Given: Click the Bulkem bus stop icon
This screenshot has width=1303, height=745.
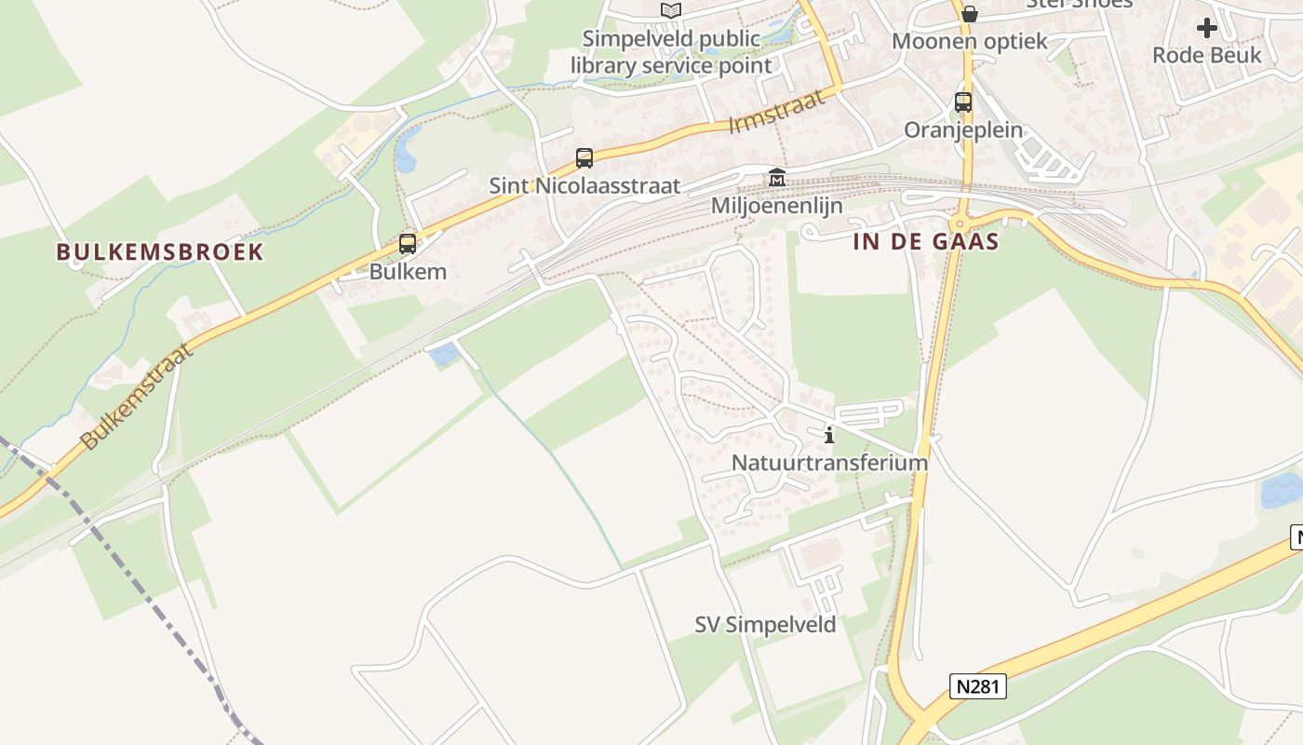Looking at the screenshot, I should pos(408,244).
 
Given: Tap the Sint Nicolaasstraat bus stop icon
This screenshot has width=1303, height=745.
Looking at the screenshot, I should pos(584,158).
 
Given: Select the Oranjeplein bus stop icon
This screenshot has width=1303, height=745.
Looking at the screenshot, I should pos(963,102).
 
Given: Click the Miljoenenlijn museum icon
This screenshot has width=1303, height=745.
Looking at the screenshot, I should pos(776,177).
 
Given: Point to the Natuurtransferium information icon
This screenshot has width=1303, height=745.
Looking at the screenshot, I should pos(829,435).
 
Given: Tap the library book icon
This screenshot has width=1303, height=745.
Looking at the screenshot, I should pos(670,10).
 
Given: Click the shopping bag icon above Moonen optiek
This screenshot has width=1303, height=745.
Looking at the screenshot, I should pos(970,13).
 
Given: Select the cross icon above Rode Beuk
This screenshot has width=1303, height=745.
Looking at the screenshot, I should pos(1207,28).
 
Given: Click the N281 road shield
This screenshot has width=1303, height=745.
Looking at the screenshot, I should pos(978,687).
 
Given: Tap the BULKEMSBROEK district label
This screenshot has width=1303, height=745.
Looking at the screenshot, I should pos(160,251).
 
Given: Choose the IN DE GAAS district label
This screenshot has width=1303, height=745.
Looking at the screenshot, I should pos(926,242).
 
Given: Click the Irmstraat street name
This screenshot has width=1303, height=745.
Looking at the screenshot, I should pos(776,112).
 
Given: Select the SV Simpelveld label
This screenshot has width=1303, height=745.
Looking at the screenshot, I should pos(765,625).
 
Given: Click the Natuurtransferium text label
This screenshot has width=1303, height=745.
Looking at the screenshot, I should pos(829,463).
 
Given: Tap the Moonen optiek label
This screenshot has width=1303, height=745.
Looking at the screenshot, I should pos(970,41).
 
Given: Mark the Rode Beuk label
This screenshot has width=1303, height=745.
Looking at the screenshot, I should pos(1207,55).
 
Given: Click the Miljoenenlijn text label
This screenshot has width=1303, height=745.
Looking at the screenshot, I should pos(776,205).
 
